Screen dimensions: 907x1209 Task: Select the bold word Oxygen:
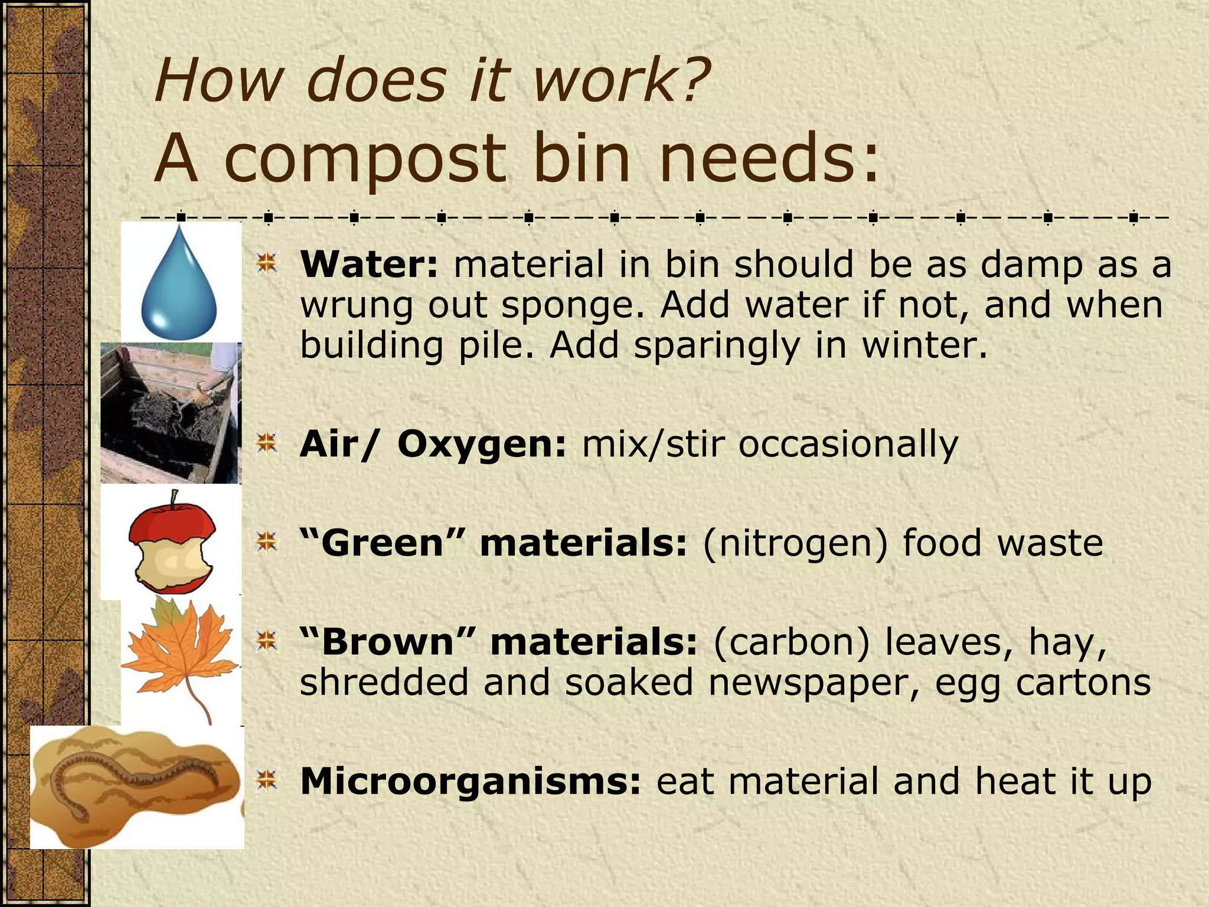(x=482, y=444)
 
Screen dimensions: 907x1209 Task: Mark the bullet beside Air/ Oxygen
(x=267, y=443)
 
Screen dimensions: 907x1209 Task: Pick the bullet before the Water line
(x=267, y=263)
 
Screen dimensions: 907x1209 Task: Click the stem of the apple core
(x=173, y=500)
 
